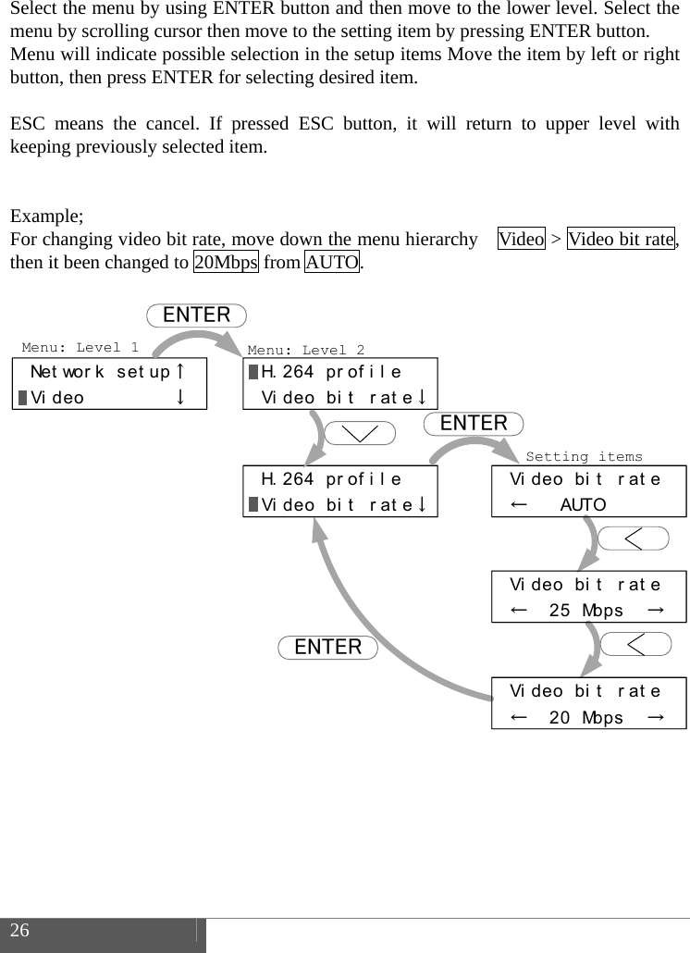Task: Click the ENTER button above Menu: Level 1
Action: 197,316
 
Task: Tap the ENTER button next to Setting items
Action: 473,424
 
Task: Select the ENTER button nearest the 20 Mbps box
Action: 327,647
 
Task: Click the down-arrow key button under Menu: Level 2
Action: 360,432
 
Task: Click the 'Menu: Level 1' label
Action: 80,348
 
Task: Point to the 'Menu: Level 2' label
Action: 306,350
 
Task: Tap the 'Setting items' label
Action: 584,456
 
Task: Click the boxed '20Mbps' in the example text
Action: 226,262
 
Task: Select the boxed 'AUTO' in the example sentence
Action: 332,262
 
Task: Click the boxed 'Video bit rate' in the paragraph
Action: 620,239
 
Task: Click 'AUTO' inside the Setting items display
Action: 583,504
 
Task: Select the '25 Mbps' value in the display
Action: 585,611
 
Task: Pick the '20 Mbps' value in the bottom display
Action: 585,717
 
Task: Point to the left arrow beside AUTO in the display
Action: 519,503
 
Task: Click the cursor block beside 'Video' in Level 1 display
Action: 22,398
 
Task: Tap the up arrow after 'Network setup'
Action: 181,372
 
